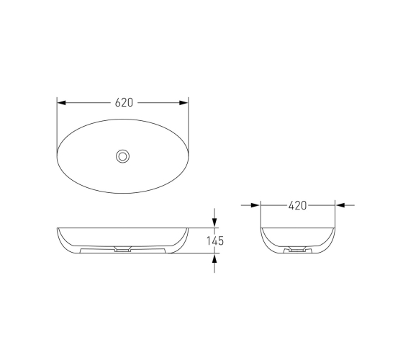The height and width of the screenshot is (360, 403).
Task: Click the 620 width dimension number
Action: pos(124,102)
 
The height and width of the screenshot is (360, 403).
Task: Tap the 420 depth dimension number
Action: pos(297,205)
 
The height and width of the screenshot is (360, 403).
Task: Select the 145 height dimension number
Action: pos(215,241)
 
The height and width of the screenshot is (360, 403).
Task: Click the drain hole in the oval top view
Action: pos(122,156)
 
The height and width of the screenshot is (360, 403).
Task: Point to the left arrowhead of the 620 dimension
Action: pos(61,103)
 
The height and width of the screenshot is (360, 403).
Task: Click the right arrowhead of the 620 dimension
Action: pos(184,103)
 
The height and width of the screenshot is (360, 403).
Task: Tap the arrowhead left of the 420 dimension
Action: pos(255,205)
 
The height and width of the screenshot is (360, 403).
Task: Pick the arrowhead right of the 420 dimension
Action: pos(340,205)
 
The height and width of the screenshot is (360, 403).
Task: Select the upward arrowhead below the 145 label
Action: pos(214,258)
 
